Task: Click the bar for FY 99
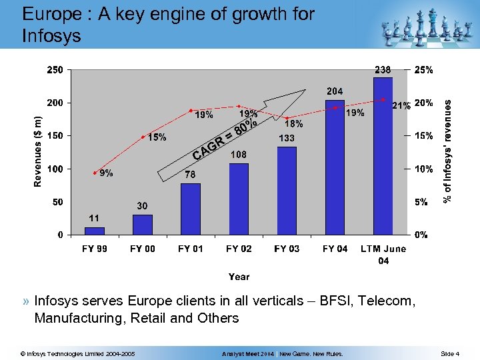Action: click(x=95, y=231)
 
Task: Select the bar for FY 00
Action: click(x=143, y=225)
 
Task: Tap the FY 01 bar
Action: click(x=191, y=209)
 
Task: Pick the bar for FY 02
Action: click(x=239, y=199)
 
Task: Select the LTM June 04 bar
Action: click(x=383, y=156)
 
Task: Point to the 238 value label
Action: click(x=383, y=69)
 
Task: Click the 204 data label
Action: click(x=335, y=91)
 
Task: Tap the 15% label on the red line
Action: click(x=157, y=138)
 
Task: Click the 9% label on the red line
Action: click(x=105, y=175)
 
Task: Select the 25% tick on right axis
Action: click(x=424, y=69)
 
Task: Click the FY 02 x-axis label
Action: click(x=239, y=249)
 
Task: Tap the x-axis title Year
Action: click(x=239, y=277)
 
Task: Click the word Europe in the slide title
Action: click(x=49, y=14)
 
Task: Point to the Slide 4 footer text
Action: click(x=450, y=354)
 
